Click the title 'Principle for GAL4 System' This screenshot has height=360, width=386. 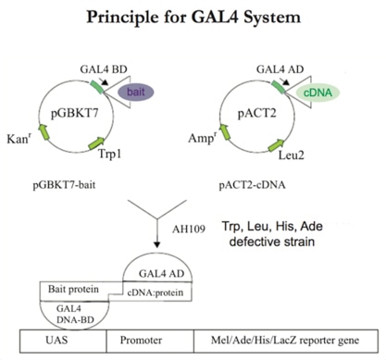coord(193,16)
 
